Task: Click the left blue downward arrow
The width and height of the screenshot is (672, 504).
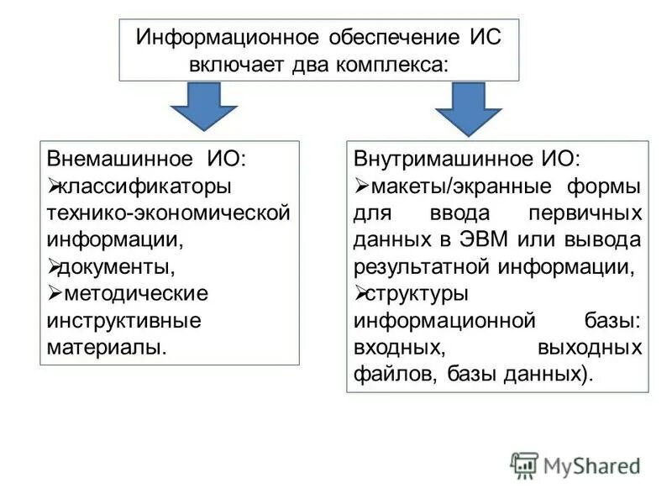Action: click(204, 108)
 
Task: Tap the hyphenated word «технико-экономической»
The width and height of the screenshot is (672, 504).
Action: click(168, 213)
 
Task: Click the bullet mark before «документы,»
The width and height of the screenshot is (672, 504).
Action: click(54, 266)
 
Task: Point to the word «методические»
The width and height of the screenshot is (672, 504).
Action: click(134, 293)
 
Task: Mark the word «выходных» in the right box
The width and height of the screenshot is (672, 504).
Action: click(593, 347)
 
